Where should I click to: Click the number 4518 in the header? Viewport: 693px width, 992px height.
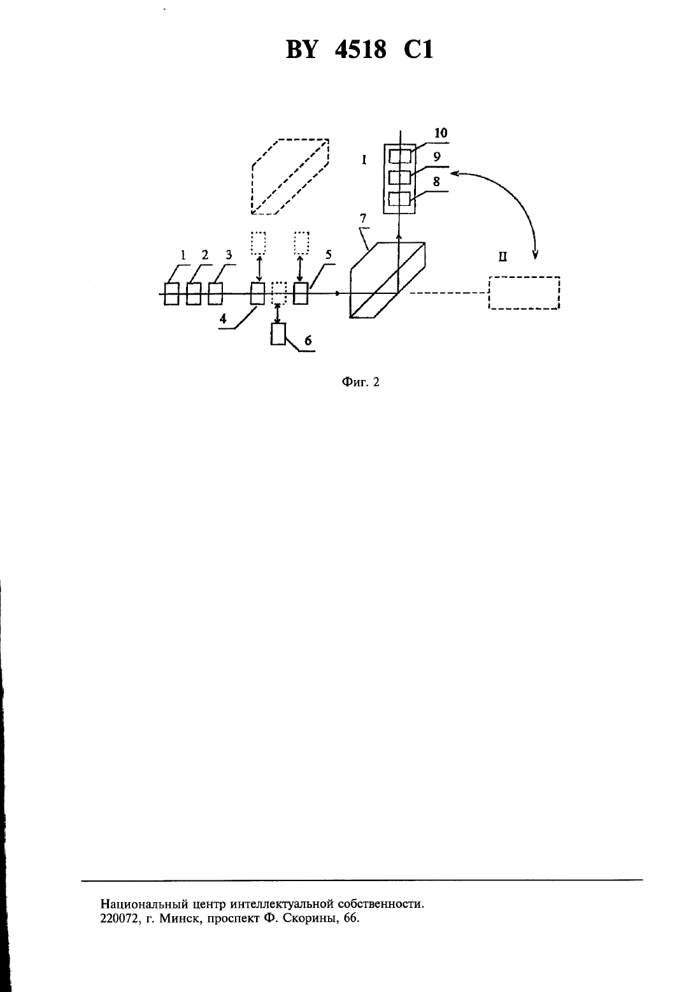pos(361,49)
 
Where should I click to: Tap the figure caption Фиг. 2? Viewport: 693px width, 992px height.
pos(361,382)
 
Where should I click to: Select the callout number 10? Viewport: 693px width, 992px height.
pos(441,133)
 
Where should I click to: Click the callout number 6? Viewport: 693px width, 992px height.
pos(308,340)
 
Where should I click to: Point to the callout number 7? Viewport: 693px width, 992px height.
pos(363,219)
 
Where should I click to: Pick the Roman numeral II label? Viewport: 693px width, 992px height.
pos(503,258)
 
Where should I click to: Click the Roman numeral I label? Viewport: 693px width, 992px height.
pos(364,159)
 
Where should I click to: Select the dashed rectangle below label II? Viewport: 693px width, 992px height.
pos(524,293)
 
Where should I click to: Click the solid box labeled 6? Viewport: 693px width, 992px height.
pos(278,334)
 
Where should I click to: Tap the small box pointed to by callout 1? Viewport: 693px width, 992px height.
pos(172,294)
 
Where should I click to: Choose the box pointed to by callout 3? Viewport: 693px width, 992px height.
pos(215,294)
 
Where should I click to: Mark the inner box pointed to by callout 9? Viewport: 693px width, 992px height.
pos(400,178)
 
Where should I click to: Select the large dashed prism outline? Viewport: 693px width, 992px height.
pos(290,177)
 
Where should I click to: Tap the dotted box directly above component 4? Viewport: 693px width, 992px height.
pos(258,243)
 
